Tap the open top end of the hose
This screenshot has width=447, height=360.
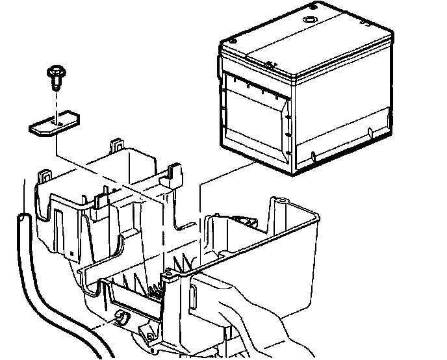click(24, 220)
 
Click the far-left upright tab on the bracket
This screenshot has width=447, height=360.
click(46, 176)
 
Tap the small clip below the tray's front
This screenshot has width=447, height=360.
click(120, 316)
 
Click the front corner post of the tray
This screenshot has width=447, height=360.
click(174, 305)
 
